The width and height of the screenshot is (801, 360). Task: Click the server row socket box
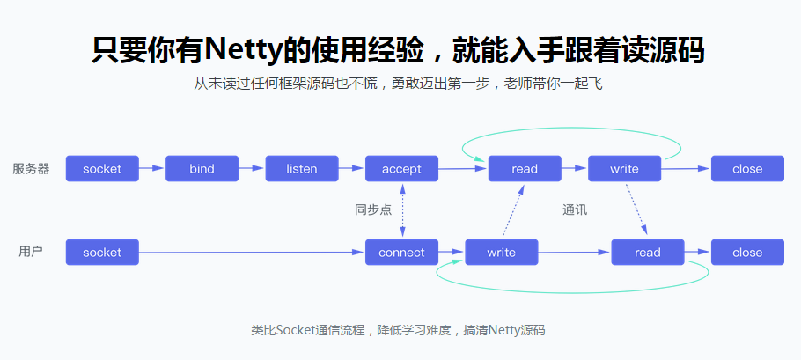[102, 168]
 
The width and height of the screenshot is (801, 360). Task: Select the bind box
[202, 168]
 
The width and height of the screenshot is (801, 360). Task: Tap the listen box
[302, 168]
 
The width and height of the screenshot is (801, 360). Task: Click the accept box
[401, 168]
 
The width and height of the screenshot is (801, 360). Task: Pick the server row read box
[525, 168]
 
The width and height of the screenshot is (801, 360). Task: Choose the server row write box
[624, 168]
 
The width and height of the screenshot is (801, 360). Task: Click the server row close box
[747, 168]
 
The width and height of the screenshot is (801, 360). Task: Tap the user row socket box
[102, 253]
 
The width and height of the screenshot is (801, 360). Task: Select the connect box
[401, 253]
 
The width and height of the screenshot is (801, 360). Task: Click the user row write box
[501, 253]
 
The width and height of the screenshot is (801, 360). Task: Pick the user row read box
[647, 253]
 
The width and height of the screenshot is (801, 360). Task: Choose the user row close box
[747, 253]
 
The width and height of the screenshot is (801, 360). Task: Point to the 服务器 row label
[31, 168]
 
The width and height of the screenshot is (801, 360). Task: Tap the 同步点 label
[372, 210]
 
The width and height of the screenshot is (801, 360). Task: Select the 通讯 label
[574, 210]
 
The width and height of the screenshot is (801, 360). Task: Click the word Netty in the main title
[239, 50]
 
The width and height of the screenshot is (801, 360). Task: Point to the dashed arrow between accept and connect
[402, 210]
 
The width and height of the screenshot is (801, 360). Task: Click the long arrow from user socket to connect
[252, 253]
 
